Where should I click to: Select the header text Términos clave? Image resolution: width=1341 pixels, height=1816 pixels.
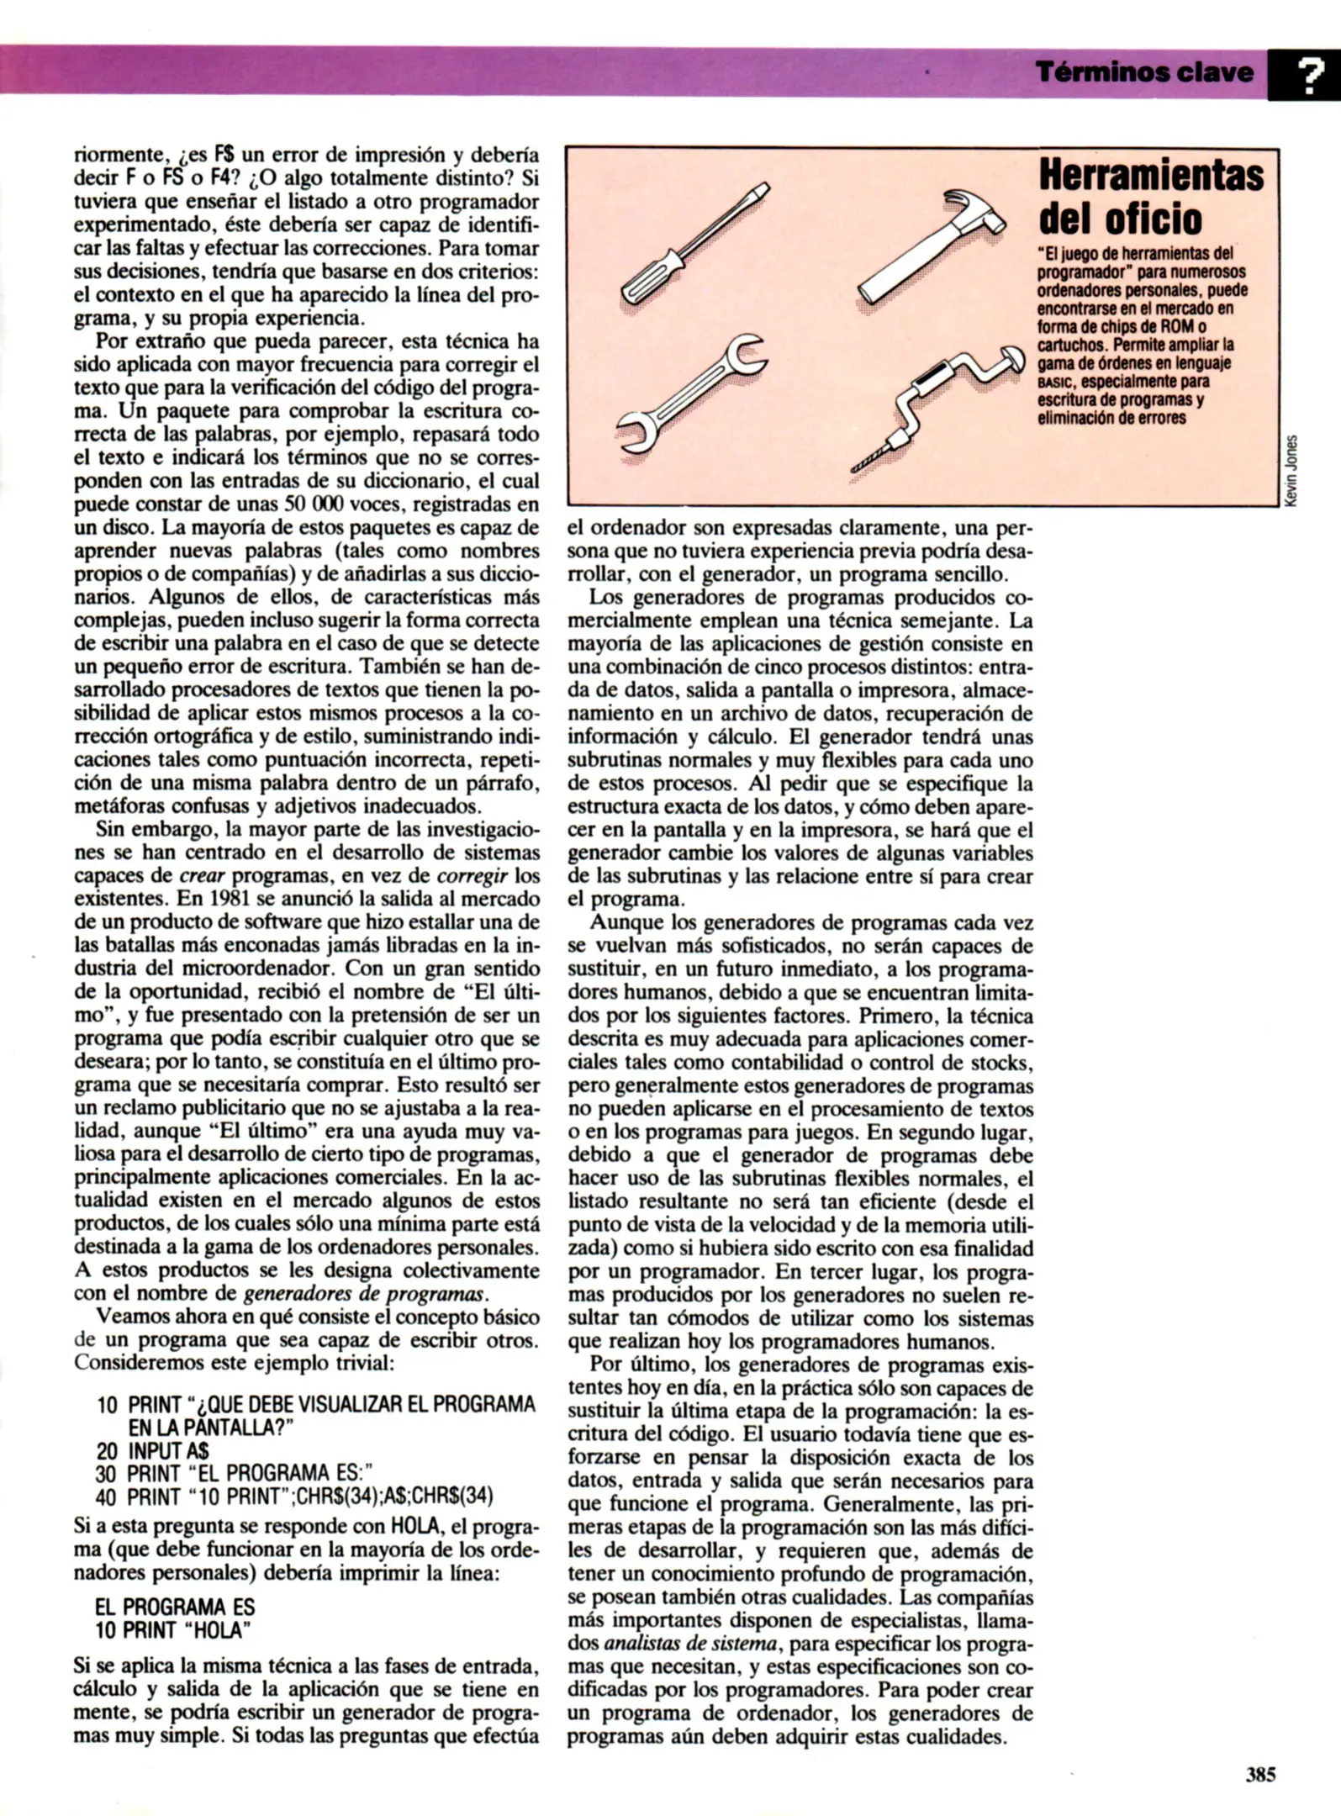(x=1144, y=73)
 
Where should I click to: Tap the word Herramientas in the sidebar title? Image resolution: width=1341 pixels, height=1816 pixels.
(x=1151, y=176)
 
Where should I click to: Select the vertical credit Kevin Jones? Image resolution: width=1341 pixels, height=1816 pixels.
(x=1293, y=470)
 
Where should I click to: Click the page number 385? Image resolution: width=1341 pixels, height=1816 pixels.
(x=1260, y=1774)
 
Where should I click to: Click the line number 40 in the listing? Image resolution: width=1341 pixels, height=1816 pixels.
(x=106, y=1497)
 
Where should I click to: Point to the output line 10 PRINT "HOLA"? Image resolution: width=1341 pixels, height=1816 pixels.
(x=173, y=1629)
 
